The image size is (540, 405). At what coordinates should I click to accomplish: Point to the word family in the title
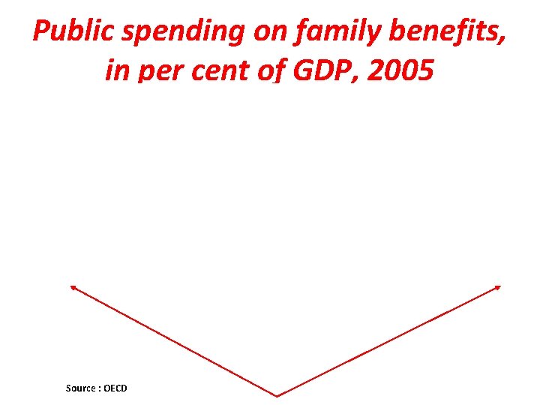click(x=328, y=33)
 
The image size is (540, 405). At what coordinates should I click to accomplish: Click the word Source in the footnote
click(x=80, y=388)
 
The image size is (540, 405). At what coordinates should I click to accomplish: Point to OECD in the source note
click(x=115, y=388)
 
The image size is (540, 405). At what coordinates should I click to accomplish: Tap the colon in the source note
click(x=99, y=388)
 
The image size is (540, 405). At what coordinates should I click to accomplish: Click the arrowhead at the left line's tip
click(x=72, y=287)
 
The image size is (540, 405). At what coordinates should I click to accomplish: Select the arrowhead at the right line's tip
click(x=497, y=287)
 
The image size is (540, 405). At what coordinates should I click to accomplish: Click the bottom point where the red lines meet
click(x=277, y=395)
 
